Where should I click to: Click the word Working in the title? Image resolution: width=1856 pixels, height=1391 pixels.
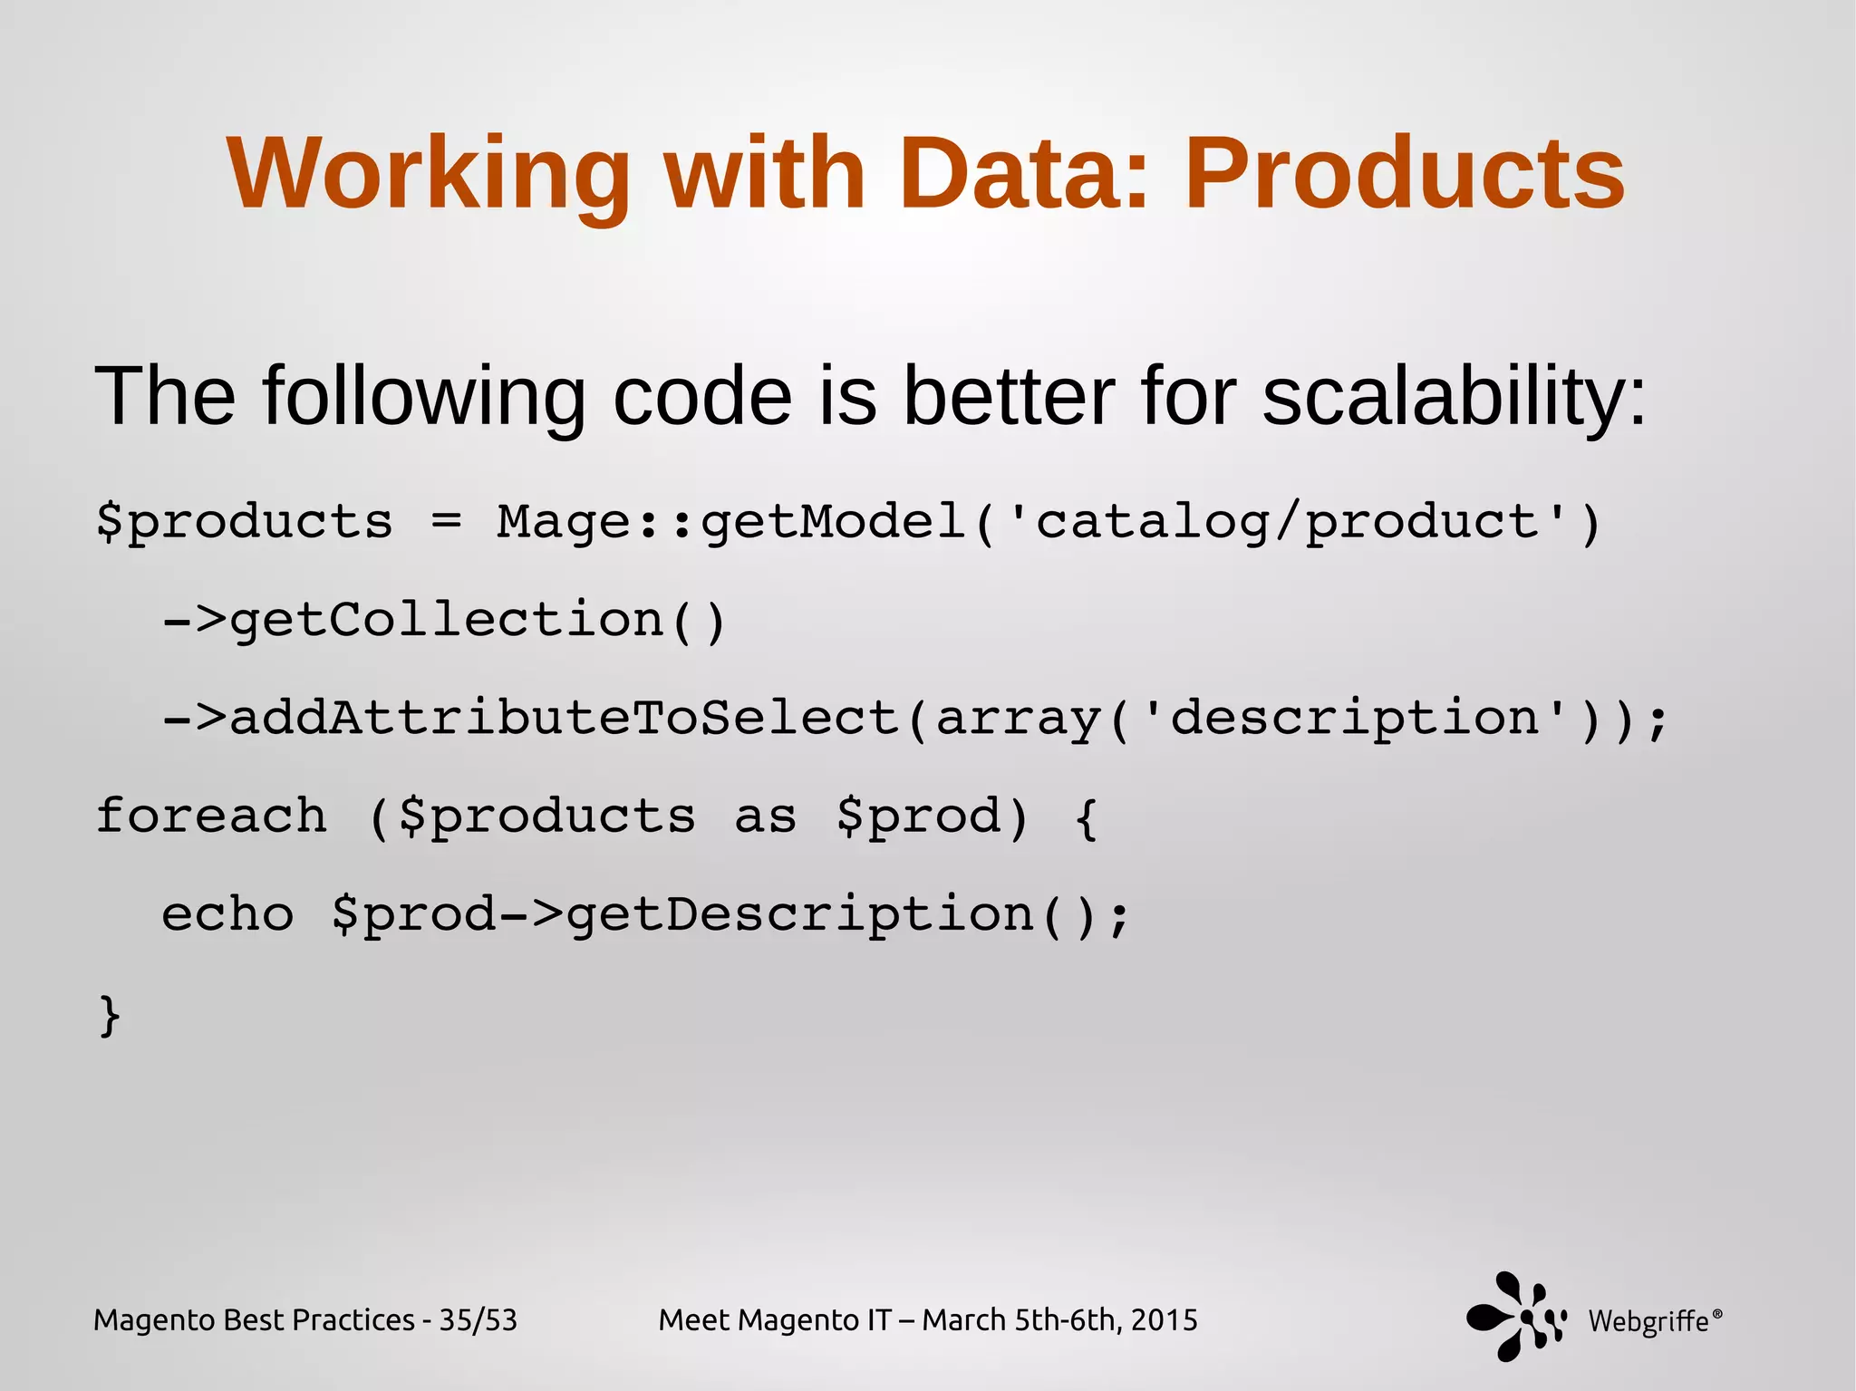click(x=428, y=174)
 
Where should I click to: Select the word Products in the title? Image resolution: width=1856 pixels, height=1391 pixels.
click(x=1404, y=174)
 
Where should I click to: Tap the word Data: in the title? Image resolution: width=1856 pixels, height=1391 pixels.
click(x=1024, y=174)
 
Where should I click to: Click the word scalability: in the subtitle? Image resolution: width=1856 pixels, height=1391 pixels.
click(x=1454, y=396)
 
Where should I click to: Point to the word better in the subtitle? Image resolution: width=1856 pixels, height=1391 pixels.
click(x=1009, y=396)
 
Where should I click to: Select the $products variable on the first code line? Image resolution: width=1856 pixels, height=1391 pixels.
click(x=245, y=523)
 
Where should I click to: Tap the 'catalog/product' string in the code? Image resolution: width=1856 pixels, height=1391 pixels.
click(x=1287, y=523)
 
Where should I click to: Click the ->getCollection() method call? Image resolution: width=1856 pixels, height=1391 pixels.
click(x=444, y=621)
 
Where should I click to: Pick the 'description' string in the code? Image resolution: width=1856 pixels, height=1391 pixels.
click(x=1355, y=719)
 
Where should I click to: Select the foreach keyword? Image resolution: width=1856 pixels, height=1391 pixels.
click(x=211, y=816)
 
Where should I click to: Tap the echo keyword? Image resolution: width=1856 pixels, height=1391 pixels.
click(x=227, y=914)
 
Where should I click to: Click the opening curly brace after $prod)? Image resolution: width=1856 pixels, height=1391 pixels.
click(x=1086, y=817)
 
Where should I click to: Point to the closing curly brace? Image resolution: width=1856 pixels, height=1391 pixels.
click(x=109, y=1014)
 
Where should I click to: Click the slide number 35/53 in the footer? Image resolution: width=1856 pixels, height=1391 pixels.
click(x=478, y=1320)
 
